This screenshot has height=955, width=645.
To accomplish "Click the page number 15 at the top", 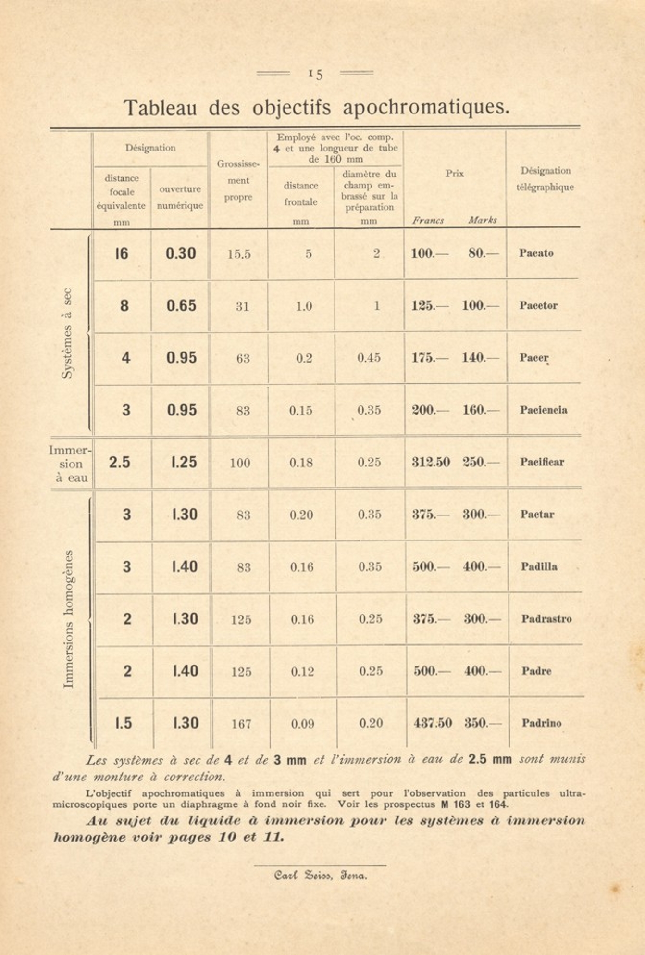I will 315,74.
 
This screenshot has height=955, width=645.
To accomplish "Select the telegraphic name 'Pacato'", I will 536,253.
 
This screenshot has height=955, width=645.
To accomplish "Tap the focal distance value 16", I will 122,253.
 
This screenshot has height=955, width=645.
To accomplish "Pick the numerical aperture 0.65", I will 181,306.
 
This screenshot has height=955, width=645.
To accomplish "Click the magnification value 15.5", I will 239,254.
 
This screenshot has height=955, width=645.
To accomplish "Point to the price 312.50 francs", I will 431,463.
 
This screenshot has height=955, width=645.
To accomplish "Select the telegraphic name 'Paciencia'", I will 543,410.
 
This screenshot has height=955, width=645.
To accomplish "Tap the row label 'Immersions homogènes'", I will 69,619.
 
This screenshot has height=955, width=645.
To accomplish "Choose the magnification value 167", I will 241,724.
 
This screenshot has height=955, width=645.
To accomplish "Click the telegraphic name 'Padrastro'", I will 546,619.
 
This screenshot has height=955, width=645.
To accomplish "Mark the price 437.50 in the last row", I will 433,723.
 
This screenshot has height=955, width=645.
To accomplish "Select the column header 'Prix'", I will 454,174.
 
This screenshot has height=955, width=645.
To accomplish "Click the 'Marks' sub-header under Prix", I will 482,221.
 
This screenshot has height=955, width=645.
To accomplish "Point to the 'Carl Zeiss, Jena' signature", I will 321,875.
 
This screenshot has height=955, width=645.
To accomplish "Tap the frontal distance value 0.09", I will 302,724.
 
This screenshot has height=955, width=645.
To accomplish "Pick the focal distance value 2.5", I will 120,463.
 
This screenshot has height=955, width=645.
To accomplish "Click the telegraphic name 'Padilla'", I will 539,566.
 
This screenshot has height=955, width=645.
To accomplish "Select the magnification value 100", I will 239,463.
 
